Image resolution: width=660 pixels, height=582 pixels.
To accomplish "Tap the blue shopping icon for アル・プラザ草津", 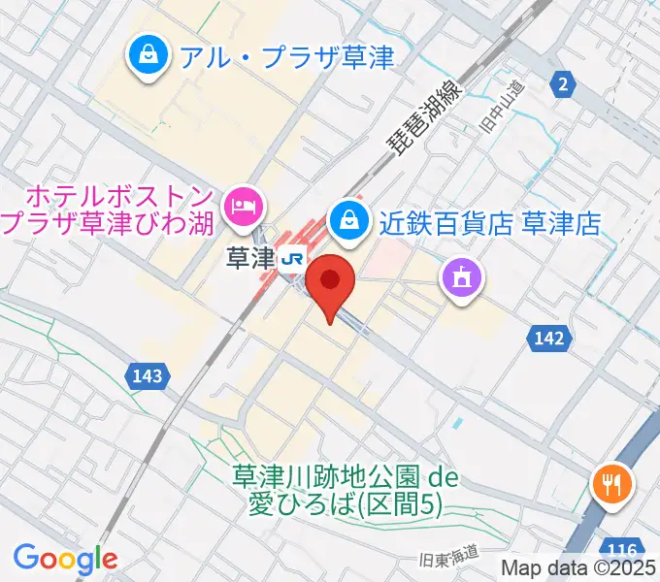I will click(x=148, y=57).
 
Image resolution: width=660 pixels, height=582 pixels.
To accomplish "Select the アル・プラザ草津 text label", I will click(x=286, y=58).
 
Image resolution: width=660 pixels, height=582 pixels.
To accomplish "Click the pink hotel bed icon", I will click(x=241, y=206).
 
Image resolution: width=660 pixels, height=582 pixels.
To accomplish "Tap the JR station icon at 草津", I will click(x=290, y=259).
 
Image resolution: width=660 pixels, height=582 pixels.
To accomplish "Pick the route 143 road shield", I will click(x=150, y=373).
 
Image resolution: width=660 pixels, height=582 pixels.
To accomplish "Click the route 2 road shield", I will click(x=562, y=85).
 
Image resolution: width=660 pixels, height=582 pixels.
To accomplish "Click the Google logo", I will click(x=65, y=559).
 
